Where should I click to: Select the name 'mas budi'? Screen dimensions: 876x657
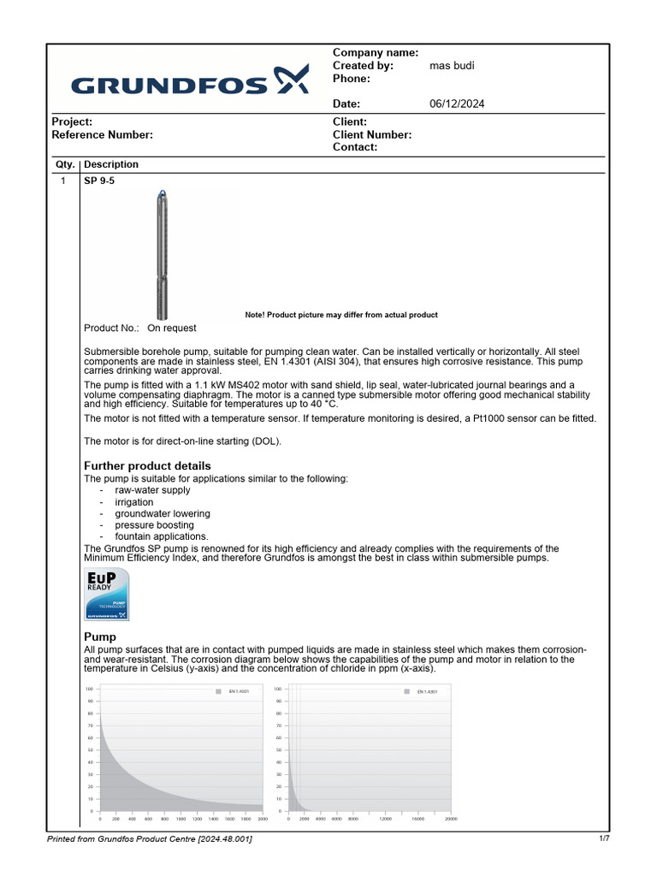[451, 66]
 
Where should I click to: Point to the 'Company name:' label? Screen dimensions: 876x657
[375, 53]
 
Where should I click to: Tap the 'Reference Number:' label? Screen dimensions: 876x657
[103, 135]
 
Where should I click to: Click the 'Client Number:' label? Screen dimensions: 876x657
[372, 135]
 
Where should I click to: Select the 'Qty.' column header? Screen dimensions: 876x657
[65, 164]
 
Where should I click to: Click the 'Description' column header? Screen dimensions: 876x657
[111, 164]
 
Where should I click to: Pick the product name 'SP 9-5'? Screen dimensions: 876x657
[99, 182]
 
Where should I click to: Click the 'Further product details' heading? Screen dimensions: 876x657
[147, 465]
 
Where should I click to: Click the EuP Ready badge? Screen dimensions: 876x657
[107, 595]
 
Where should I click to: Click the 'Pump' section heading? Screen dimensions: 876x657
[100, 637]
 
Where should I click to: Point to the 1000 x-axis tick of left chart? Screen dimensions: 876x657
[181, 820]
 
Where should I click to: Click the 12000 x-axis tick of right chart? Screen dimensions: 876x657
[386, 820]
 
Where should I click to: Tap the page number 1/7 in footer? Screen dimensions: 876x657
[604, 839]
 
